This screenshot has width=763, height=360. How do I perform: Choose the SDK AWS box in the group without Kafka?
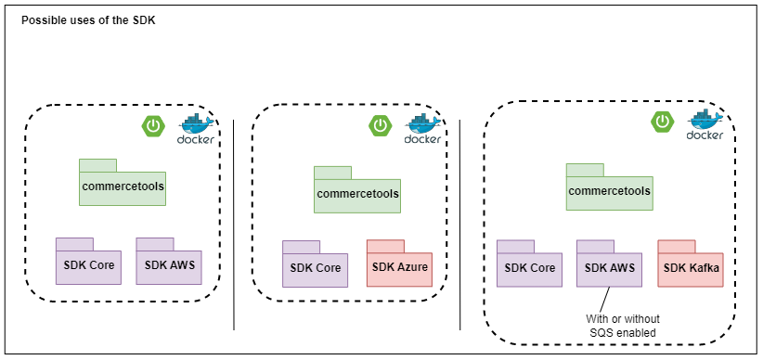(x=168, y=264)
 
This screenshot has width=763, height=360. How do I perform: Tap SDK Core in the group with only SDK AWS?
(x=87, y=264)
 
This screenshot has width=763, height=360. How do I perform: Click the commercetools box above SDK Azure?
(x=356, y=193)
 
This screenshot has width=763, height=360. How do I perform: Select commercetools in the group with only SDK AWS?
(x=122, y=186)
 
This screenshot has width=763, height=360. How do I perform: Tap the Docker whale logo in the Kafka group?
(x=705, y=124)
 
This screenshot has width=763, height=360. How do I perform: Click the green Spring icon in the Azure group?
(x=381, y=124)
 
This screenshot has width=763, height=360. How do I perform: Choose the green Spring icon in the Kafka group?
(x=662, y=121)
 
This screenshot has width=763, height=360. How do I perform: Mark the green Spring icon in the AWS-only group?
(x=153, y=124)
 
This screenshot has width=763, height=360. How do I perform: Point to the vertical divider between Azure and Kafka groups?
(x=460, y=223)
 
